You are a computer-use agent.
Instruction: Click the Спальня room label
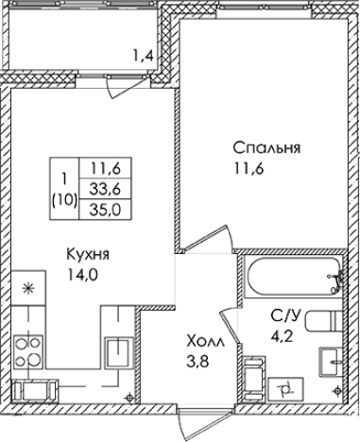pos(266,148)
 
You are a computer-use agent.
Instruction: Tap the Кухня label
pos(88,254)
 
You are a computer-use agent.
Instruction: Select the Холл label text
pos(205,342)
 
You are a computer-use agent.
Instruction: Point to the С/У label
pos(286,315)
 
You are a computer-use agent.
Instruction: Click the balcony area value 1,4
pos(144,57)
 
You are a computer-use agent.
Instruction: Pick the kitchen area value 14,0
pos(82,275)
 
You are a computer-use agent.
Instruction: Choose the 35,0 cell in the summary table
pos(105,210)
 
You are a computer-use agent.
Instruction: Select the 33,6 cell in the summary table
pos(105,189)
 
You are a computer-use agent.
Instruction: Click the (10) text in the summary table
pos(64,199)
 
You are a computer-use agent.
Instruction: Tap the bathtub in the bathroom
pos(294,277)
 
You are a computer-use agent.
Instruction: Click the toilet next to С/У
pos(323,320)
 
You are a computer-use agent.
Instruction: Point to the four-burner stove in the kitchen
pos(28,351)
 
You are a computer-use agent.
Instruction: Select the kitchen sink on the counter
pos(119,351)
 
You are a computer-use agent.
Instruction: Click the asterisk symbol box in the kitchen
pos(28,288)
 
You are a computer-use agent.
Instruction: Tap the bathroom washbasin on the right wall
pos(331,362)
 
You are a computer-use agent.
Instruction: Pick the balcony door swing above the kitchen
pos(126,87)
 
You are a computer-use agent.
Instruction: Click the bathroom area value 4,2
pos(283,336)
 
